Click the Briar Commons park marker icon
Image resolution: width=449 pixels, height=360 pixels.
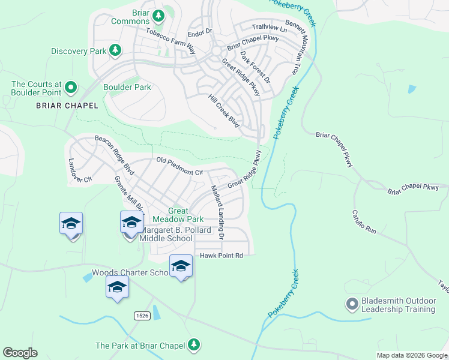click(x=158, y=15)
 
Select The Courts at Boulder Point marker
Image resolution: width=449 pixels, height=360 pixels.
click(x=71, y=88)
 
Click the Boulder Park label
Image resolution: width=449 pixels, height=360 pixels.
click(x=127, y=87)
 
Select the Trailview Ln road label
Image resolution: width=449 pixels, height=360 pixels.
click(x=270, y=27)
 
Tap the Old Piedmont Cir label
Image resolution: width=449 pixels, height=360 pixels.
click(x=180, y=166)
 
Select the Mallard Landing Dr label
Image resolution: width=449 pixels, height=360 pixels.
click(x=216, y=212)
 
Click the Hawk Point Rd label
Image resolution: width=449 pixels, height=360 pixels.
click(x=221, y=256)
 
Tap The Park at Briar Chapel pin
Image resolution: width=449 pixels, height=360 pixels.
click(x=193, y=344)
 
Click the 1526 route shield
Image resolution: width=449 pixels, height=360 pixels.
click(x=141, y=315)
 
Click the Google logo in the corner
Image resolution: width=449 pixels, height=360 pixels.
click(x=20, y=353)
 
